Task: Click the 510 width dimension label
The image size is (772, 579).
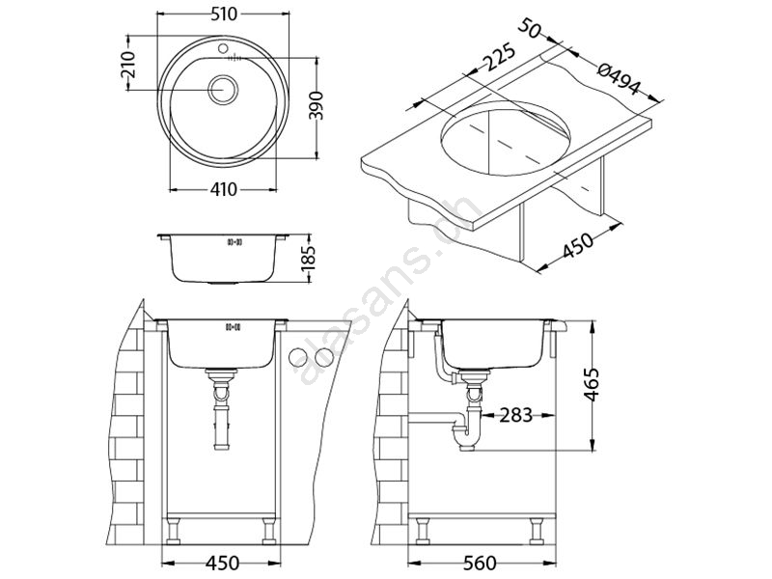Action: [224, 14]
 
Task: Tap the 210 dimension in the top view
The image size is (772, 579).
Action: [128, 65]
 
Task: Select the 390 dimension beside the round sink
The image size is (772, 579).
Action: [319, 105]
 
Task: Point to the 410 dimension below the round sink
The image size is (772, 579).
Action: [224, 189]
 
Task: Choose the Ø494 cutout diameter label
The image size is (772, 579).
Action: [619, 79]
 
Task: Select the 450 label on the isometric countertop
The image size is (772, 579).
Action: [577, 245]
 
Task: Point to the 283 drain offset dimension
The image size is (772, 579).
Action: [516, 415]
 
